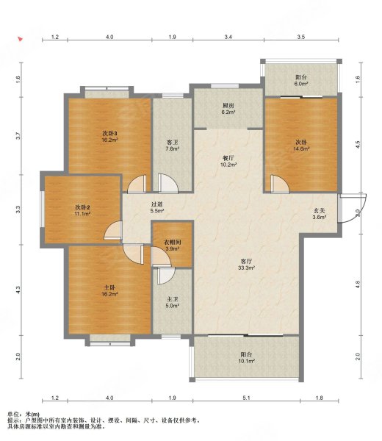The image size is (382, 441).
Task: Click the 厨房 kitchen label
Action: tap(228, 106)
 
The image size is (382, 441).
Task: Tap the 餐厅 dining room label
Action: tap(228, 158)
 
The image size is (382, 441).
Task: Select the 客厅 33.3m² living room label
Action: tap(247, 265)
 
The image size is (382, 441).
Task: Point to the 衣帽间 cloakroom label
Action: tap(173, 242)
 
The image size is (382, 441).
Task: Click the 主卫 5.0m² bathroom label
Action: tap(173, 302)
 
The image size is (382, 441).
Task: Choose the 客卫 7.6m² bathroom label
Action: tap(173, 146)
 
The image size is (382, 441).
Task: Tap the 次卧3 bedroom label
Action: tap(109, 133)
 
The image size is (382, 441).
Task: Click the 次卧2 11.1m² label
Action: tap(82, 211)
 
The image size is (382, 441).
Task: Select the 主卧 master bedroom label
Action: tap(109, 287)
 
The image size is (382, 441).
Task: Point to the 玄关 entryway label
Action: tap(320, 210)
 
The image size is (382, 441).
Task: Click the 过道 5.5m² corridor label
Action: tap(157, 207)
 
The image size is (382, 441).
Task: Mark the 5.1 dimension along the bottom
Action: tap(246, 398)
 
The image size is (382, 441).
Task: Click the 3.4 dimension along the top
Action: tap(228, 37)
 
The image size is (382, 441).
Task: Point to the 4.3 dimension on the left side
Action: tap(18, 290)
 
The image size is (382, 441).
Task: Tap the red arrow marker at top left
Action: tap(20, 39)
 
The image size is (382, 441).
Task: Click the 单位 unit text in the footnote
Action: tap(13, 414)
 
